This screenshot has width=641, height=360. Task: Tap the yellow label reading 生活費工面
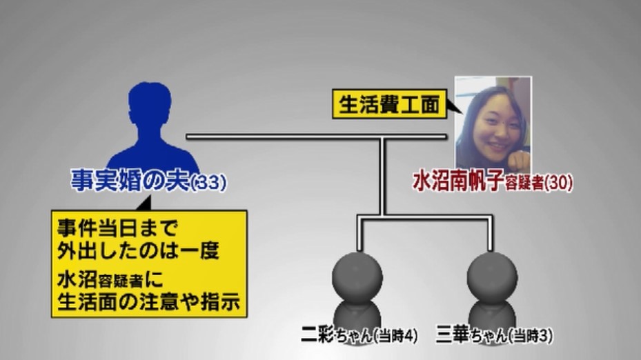390,105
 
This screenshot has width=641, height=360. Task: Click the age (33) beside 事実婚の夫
209,182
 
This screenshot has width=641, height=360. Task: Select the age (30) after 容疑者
558,183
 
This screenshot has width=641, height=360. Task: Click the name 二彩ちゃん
337,334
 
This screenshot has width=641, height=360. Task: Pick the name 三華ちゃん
471,334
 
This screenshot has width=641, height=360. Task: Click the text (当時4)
396,336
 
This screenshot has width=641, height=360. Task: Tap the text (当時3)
530,336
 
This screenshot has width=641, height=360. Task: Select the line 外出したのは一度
138,250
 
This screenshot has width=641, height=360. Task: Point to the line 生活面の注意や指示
148,301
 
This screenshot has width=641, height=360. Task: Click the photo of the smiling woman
493,124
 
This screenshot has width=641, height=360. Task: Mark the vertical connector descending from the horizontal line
383,176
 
